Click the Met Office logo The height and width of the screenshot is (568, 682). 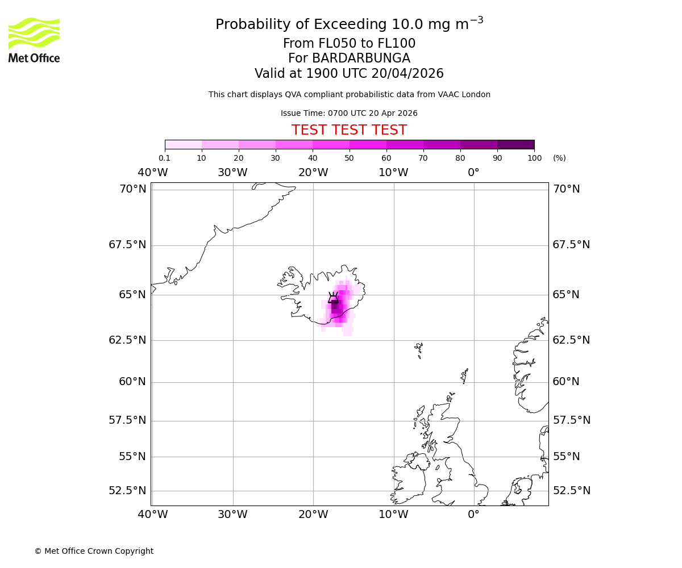[x=34, y=40]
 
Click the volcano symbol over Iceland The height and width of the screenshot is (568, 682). [x=334, y=298]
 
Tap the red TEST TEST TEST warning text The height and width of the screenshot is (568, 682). [x=349, y=130]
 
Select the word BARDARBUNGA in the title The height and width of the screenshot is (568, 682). [x=349, y=59]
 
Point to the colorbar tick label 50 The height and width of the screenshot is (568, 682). [x=349, y=158]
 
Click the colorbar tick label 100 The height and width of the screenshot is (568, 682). [x=534, y=158]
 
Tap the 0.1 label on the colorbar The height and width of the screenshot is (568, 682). [x=164, y=158]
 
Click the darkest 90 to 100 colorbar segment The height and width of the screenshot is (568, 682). [x=515, y=144]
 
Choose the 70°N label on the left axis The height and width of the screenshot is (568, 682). [x=132, y=189]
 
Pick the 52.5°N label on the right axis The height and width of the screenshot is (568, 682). [x=571, y=491]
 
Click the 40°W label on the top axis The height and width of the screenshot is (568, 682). [x=152, y=173]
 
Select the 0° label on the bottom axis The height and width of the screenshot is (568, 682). [x=473, y=515]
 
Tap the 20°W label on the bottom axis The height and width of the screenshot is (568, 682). [x=313, y=515]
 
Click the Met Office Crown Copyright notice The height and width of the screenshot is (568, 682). [x=94, y=551]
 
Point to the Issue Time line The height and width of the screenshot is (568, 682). [x=349, y=113]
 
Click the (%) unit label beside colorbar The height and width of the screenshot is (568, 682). [x=559, y=158]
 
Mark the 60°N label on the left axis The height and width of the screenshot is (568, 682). [x=132, y=382]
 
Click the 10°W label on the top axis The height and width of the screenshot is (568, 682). [x=393, y=173]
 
